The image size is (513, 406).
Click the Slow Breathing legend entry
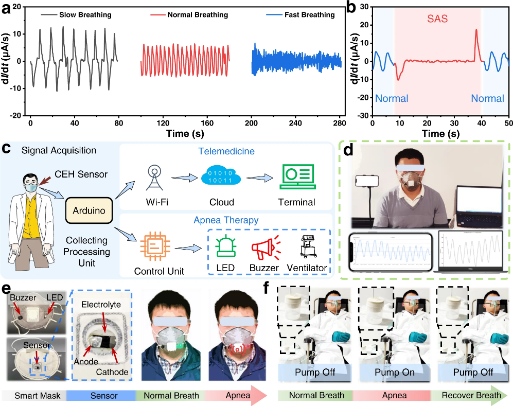pyautogui.click(x=77, y=15)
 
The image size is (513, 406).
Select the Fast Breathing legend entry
pyautogui.click(x=300, y=15)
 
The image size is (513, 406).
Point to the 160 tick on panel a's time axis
pyautogui.click(x=207, y=123)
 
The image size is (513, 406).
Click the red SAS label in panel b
pyautogui.click(x=437, y=19)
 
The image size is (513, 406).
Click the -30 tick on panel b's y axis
pyautogui.click(x=364, y=115)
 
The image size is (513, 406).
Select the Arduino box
pyautogui.click(x=89, y=210)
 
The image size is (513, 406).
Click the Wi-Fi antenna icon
pyautogui.click(x=154, y=178)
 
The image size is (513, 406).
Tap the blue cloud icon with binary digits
pyautogui.click(x=221, y=177)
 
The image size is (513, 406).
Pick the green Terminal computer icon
pyautogui.click(x=298, y=176)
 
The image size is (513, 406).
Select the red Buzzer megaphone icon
pyautogui.click(x=266, y=247)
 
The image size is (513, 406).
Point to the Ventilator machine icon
pyautogui.click(x=308, y=246)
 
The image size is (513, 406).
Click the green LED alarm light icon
pyautogui.click(x=225, y=247)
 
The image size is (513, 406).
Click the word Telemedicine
pyautogui.click(x=226, y=151)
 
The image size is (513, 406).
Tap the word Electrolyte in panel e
pyautogui.click(x=101, y=305)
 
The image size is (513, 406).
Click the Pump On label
pyautogui.click(x=395, y=373)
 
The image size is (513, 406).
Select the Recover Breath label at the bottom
pyautogui.click(x=471, y=395)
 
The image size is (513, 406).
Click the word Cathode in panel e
pyautogui.click(x=112, y=372)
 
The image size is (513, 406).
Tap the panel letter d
pyautogui.click(x=348, y=150)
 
